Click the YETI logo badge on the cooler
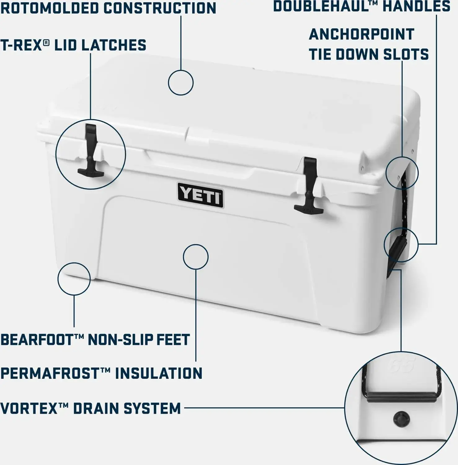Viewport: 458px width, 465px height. pos(201,195)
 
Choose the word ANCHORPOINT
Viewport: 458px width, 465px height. pos(362,34)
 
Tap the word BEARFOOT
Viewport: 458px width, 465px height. pos(37,339)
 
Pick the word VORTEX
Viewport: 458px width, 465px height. pos(29,408)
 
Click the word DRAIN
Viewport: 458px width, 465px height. pos(95,408)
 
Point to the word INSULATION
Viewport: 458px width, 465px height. pos(159,373)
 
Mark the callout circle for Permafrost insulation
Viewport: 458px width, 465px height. pos(196,245)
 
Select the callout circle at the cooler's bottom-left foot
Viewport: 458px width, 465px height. pos(74,263)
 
